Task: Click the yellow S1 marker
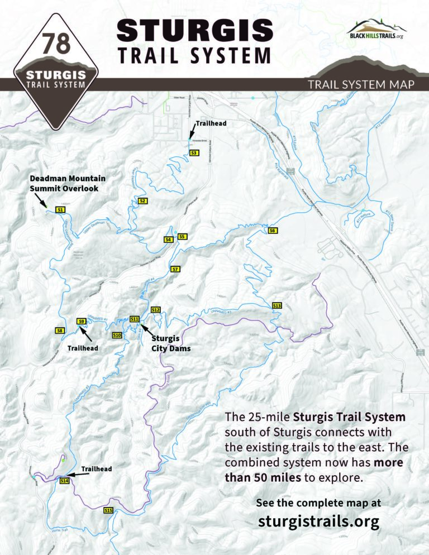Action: click(x=61, y=209)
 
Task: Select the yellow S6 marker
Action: click(x=273, y=231)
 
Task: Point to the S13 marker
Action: click(x=277, y=305)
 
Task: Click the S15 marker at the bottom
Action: click(x=108, y=510)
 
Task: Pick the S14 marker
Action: click(x=64, y=481)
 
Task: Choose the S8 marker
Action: click(x=60, y=331)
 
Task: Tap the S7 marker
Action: click(x=175, y=269)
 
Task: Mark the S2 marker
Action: click(x=142, y=200)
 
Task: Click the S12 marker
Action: click(x=156, y=309)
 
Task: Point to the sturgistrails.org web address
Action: click(x=319, y=521)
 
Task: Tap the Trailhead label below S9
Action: click(x=83, y=348)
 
